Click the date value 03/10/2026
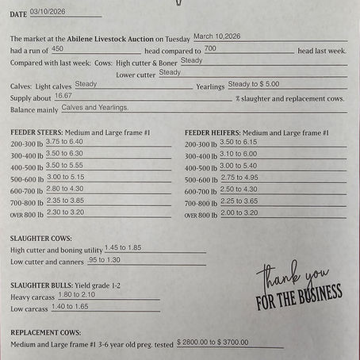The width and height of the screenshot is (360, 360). click(47, 12)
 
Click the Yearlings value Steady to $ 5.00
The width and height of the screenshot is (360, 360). click(253, 83)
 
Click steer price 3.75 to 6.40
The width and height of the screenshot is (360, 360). click(64, 141)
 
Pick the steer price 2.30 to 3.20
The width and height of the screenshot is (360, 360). click(65, 213)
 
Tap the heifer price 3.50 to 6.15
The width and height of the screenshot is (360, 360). click(238, 142)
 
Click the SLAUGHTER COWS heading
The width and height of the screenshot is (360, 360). click(41, 238)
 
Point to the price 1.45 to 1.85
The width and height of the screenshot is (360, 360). click(123, 247)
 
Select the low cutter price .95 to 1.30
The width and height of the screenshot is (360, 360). click(105, 259)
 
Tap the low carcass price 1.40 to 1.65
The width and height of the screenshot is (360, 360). click(69, 306)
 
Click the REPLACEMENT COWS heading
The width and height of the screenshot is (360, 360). click(45, 332)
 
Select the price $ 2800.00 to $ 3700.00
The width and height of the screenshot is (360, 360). click(213, 342)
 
